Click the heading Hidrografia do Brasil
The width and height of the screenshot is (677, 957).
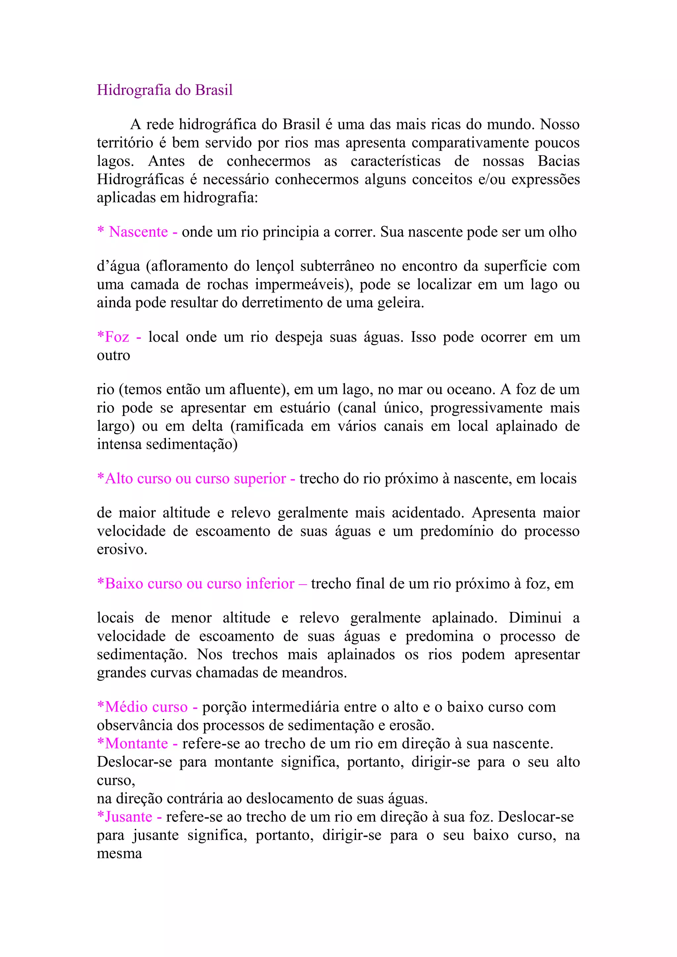(165, 90)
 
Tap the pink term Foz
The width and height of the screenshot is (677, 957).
(117, 337)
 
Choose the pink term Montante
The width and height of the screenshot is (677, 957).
(136, 744)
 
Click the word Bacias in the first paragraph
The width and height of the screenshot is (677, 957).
(559, 161)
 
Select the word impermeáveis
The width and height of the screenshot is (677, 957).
(303, 285)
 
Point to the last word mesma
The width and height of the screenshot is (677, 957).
(119, 854)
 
